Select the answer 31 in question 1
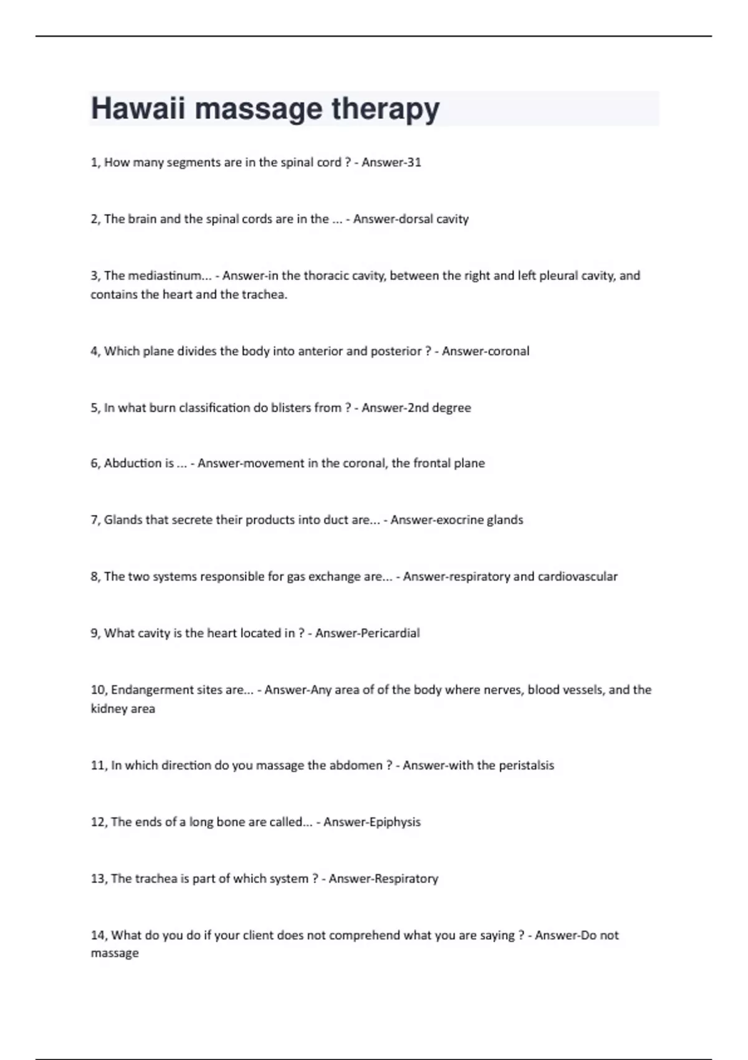[414, 162]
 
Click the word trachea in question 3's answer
[264, 294]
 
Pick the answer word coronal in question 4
[506, 351]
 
